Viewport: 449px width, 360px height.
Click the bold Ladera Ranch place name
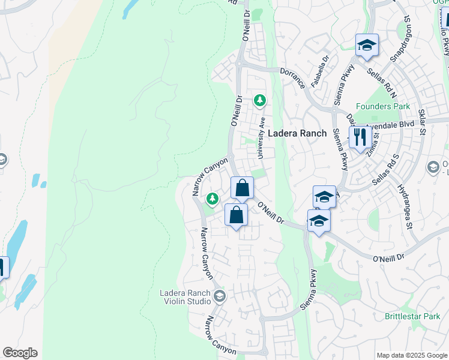[297, 133]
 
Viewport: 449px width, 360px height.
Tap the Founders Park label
[383, 107]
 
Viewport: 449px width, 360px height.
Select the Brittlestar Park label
[413, 316]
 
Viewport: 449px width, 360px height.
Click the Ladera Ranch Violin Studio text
[185, 297]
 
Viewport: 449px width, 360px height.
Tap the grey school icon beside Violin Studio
[220, 295]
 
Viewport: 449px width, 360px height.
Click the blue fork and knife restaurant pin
[360, 137]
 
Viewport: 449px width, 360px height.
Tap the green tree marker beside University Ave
[259, 100]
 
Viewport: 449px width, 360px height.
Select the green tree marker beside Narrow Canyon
[212, 199]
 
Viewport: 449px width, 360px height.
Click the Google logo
[20, 353]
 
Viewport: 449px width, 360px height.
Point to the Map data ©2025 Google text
[412, 355]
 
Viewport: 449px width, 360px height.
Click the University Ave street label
[262, 138]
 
